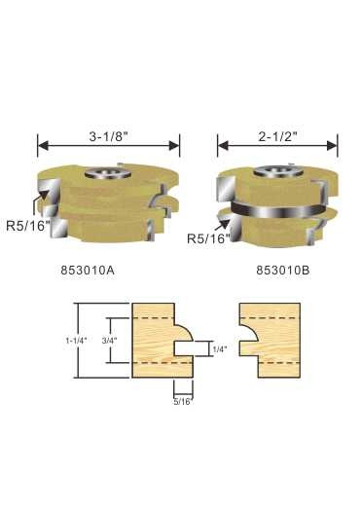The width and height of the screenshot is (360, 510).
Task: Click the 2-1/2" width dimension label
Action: click(278, 136)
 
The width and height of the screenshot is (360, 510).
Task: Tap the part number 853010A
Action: click(88, 270)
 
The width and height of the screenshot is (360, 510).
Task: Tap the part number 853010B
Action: click(283, 270)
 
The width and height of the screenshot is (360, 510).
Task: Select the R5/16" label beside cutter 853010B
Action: click(208, 238)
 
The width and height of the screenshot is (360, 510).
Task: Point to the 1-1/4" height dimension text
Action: click(75, 341)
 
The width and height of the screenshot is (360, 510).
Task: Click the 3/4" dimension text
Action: click(110, 341)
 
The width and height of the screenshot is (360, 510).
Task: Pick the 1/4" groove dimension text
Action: click(220, 349)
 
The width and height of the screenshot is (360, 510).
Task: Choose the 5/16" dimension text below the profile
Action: click(184, 402)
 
